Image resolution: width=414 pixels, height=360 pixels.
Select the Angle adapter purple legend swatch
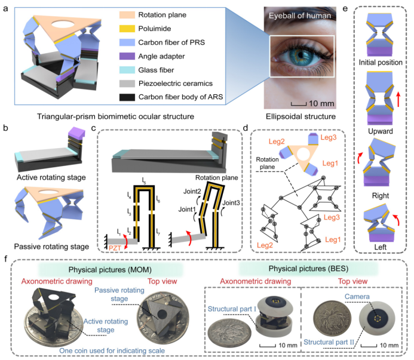coord(145,58)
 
